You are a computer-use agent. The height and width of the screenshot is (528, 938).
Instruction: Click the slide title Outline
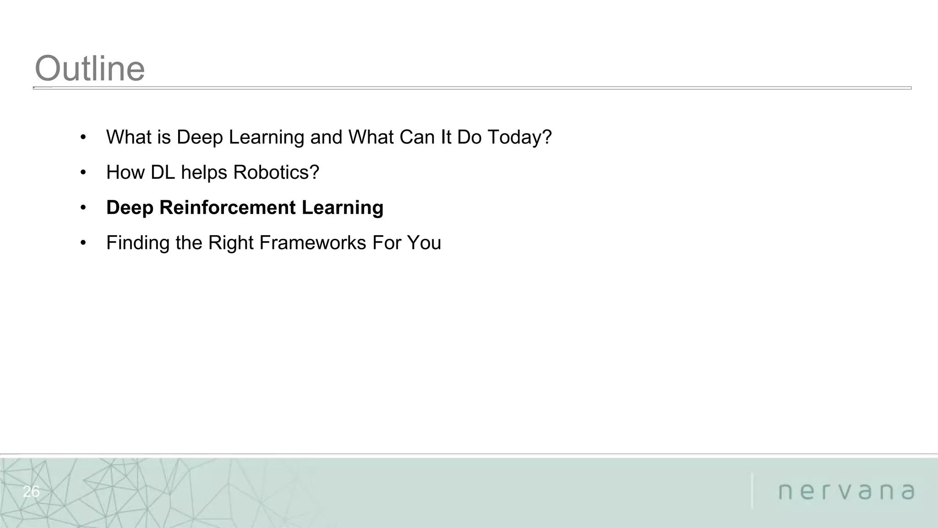(90, 69)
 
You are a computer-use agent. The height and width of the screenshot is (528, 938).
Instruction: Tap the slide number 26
(31, 492)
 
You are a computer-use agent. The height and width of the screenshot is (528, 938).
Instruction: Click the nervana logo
(846, 491)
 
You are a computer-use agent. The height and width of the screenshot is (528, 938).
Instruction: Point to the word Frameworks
(312, 243)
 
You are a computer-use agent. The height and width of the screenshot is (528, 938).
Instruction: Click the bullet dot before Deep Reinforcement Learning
(83, 208)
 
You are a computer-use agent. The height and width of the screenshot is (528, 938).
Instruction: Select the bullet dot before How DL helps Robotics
(83, 173)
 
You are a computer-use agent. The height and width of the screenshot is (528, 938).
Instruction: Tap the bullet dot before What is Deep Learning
(83, 137)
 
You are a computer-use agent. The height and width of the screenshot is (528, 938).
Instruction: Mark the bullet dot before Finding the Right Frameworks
(83, 243)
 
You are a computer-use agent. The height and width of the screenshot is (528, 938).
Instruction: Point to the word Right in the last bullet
(230, 243)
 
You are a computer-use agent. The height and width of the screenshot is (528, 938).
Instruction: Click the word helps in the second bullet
(204, 173)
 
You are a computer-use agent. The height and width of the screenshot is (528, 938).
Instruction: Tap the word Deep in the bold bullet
(130, 208)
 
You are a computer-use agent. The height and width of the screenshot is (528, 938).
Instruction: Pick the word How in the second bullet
(125, 173)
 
